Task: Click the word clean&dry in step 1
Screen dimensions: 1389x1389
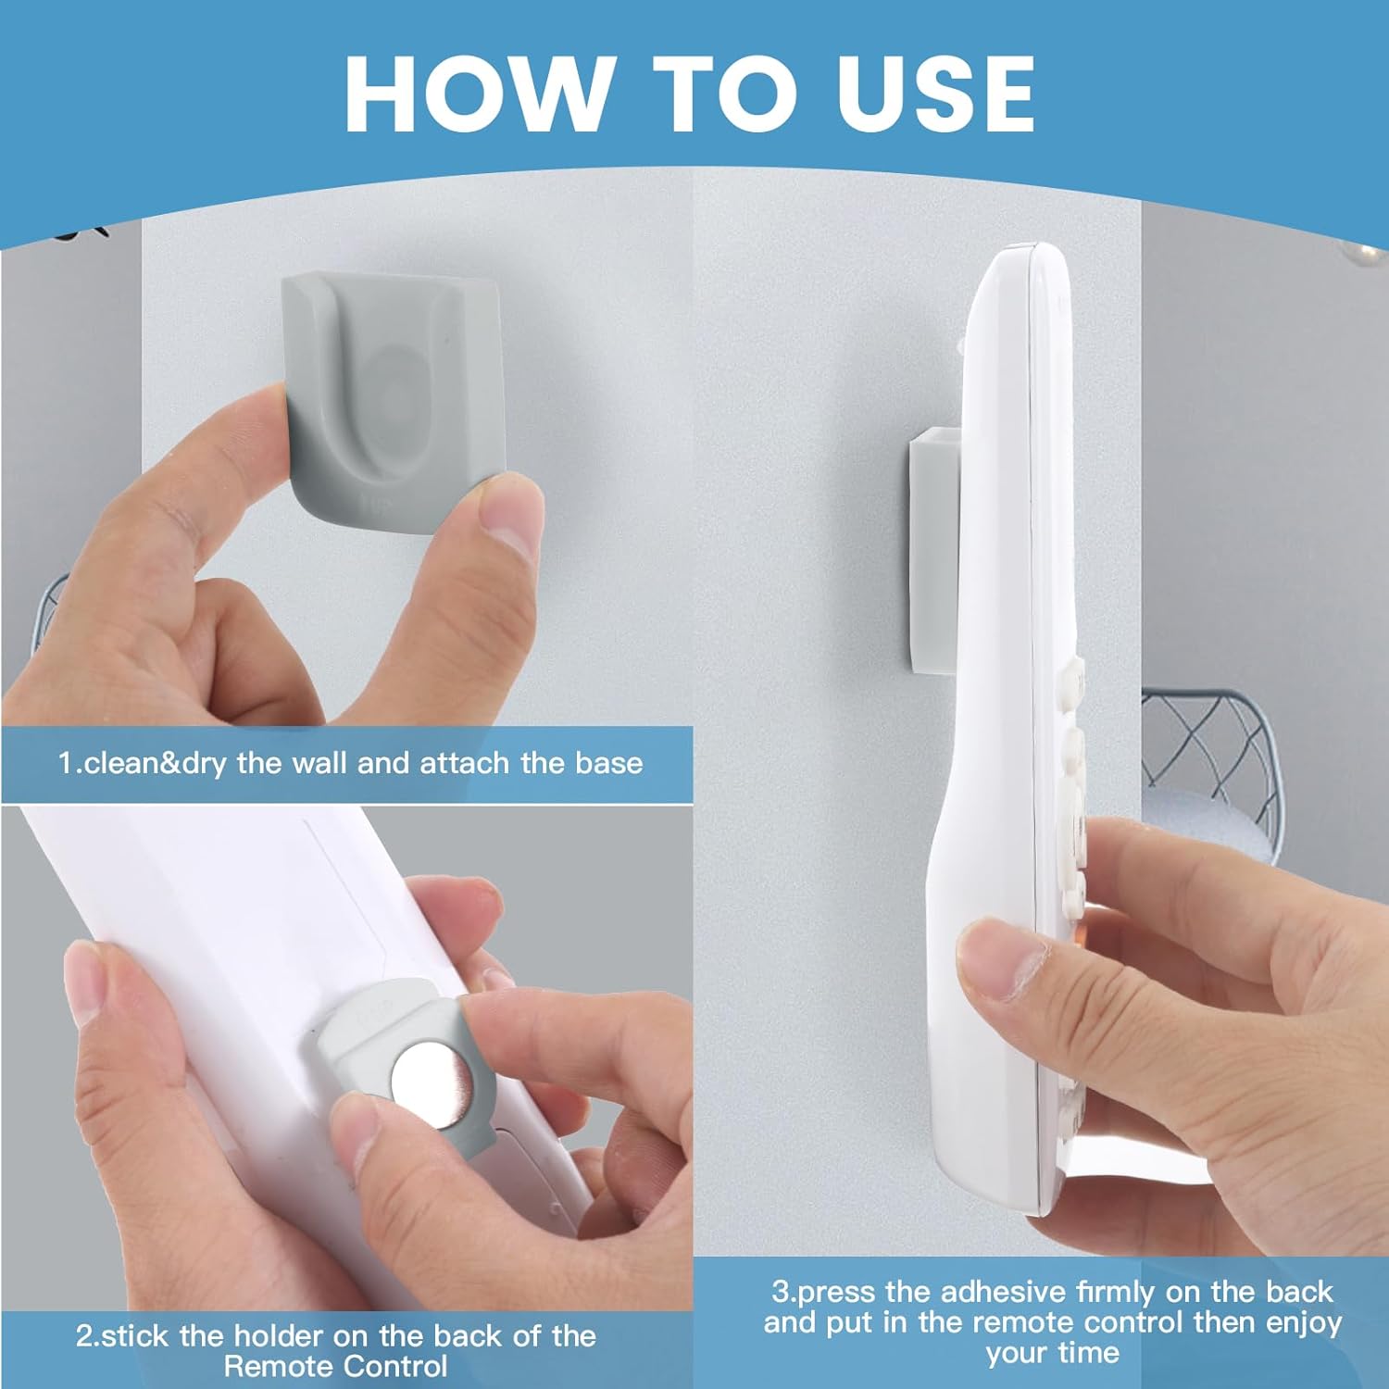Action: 153,763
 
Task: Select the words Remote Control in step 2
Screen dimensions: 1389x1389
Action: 335,1366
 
